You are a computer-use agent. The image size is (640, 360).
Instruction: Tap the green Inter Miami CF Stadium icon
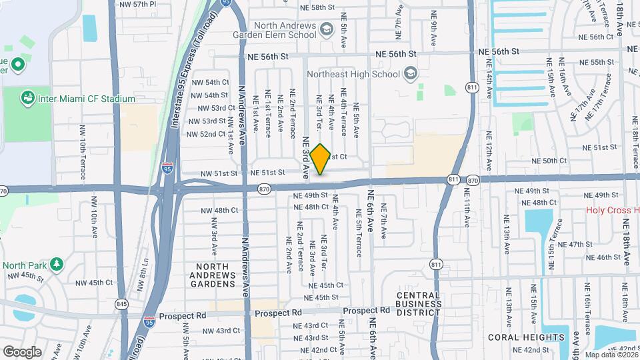[28, 99]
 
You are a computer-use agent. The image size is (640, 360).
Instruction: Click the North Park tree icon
[57, 265]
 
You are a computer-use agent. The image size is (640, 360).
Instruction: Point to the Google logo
[22, 352]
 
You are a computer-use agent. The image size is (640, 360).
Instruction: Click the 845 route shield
[121, 304]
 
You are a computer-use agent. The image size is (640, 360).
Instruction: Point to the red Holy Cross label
[612, 211]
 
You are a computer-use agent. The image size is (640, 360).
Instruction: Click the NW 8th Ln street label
[142, 275]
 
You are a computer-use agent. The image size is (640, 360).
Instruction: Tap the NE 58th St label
[317, 7]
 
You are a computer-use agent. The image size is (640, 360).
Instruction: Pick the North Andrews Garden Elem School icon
[327, 28]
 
